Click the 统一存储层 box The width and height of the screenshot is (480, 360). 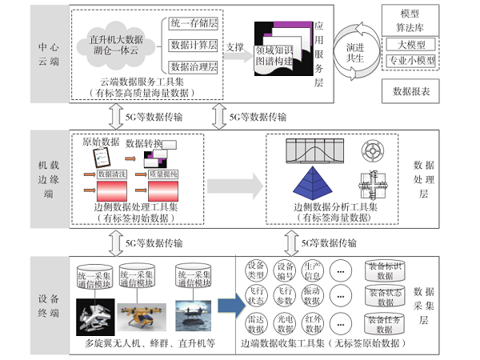coord(193,24)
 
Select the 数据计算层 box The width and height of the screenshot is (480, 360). coord(193,45)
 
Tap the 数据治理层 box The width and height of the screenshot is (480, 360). coord(193,66)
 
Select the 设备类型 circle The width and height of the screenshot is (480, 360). coord(257,270)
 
